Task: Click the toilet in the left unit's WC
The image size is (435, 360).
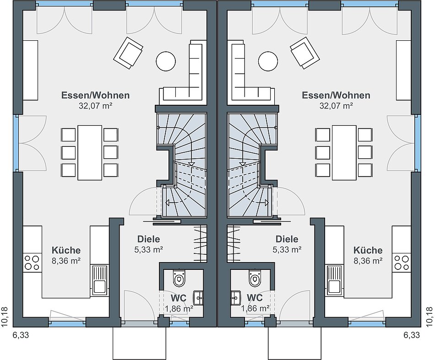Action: (x=179, y=278)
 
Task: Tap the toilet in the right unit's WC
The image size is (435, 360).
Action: (x=255, y=278)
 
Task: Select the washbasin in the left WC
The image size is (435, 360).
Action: (x=198, y=298)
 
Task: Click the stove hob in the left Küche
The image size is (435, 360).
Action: (x=32, y=263)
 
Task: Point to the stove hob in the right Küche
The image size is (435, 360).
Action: (x=402, y=263)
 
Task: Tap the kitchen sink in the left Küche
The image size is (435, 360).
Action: (x=99, y=280)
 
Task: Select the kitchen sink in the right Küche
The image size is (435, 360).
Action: (x=334, y=280)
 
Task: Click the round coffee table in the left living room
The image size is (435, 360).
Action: (x=166, y=61)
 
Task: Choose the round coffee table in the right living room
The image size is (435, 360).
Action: (x=267, y=61)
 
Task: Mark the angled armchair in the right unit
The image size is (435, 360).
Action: (x=304, y=53)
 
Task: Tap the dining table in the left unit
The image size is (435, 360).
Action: (x=90, y=152)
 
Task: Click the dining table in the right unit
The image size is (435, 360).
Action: (x=344, y=152)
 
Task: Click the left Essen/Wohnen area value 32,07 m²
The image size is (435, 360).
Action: (x=95, y=106)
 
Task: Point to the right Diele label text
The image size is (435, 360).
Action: (x=287, y=239)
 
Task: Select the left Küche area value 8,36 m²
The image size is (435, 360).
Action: (x=66, y=261)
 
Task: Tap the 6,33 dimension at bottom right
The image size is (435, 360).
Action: (x=411, y=335)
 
